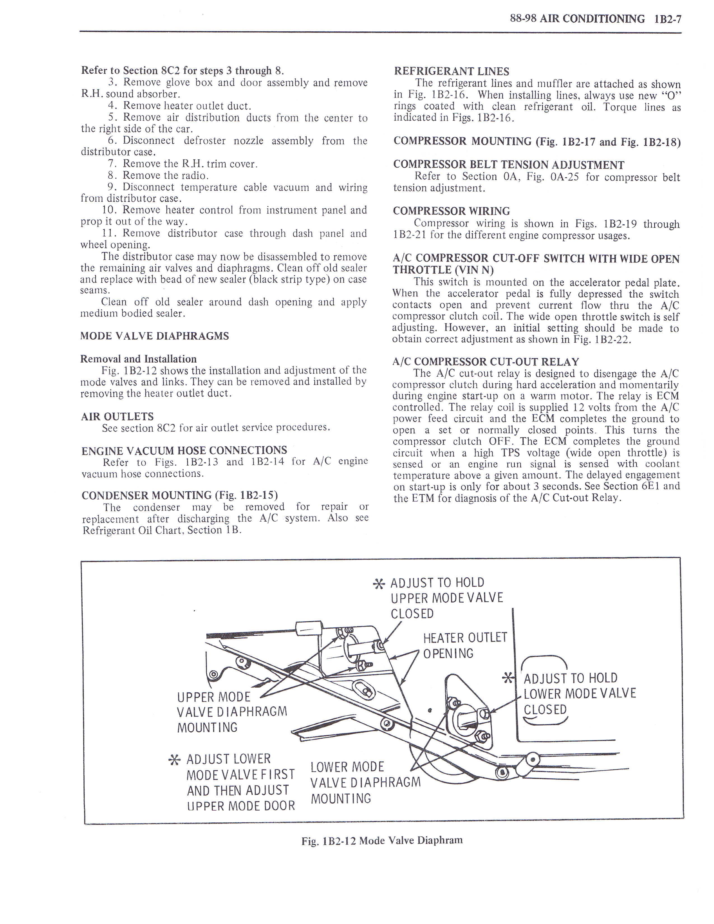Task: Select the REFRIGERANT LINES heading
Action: (451, 71)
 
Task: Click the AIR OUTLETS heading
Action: (117, 417)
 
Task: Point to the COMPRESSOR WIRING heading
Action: (451, 211)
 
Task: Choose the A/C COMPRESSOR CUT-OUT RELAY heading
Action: (486, 362)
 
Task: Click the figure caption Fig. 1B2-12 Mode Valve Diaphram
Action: (382, 849)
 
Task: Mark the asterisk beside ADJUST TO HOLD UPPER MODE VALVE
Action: (379, 585)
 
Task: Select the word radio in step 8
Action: (194, 176)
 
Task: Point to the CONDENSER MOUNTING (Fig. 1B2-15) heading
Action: (179, 495)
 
